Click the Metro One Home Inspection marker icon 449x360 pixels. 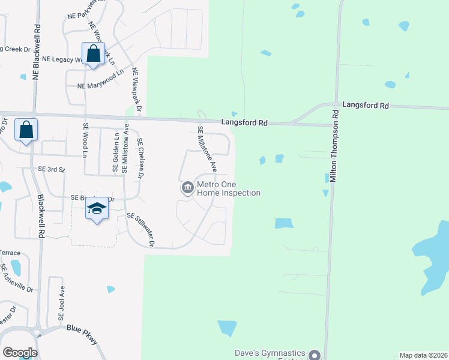187,188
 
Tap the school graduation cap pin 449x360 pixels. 97,208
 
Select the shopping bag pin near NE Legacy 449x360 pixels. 94,53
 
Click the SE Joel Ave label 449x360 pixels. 61,302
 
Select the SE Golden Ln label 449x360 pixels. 115,154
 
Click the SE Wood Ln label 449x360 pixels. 86,140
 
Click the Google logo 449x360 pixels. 20,353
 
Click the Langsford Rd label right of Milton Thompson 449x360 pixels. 366,105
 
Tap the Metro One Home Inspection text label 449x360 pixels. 229,188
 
